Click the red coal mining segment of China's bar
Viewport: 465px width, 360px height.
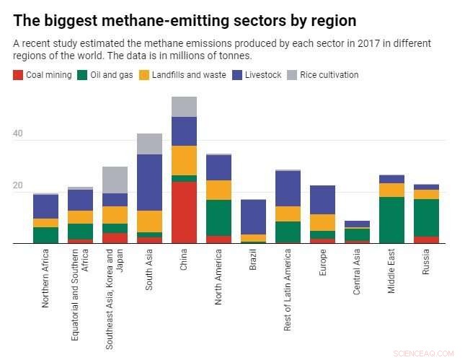(184, 213)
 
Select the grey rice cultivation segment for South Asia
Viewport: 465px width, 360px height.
(149, 144)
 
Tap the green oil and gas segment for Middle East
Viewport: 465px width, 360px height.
(391, 220)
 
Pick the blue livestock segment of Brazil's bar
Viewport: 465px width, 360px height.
(253, 216)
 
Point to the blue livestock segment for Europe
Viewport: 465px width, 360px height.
(322, 200)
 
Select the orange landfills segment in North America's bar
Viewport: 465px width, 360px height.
(218, 190)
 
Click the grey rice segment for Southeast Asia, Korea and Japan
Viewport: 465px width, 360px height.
(115, 180)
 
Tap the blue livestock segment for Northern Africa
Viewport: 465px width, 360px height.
(45, 206)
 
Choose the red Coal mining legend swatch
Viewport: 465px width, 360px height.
(18, 75)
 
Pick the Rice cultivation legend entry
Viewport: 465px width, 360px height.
(329, 75)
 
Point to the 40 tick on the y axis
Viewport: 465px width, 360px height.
(17, 134)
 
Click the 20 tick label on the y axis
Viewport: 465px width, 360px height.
(17, 186)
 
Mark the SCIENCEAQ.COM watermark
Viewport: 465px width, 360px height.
(425, 354)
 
